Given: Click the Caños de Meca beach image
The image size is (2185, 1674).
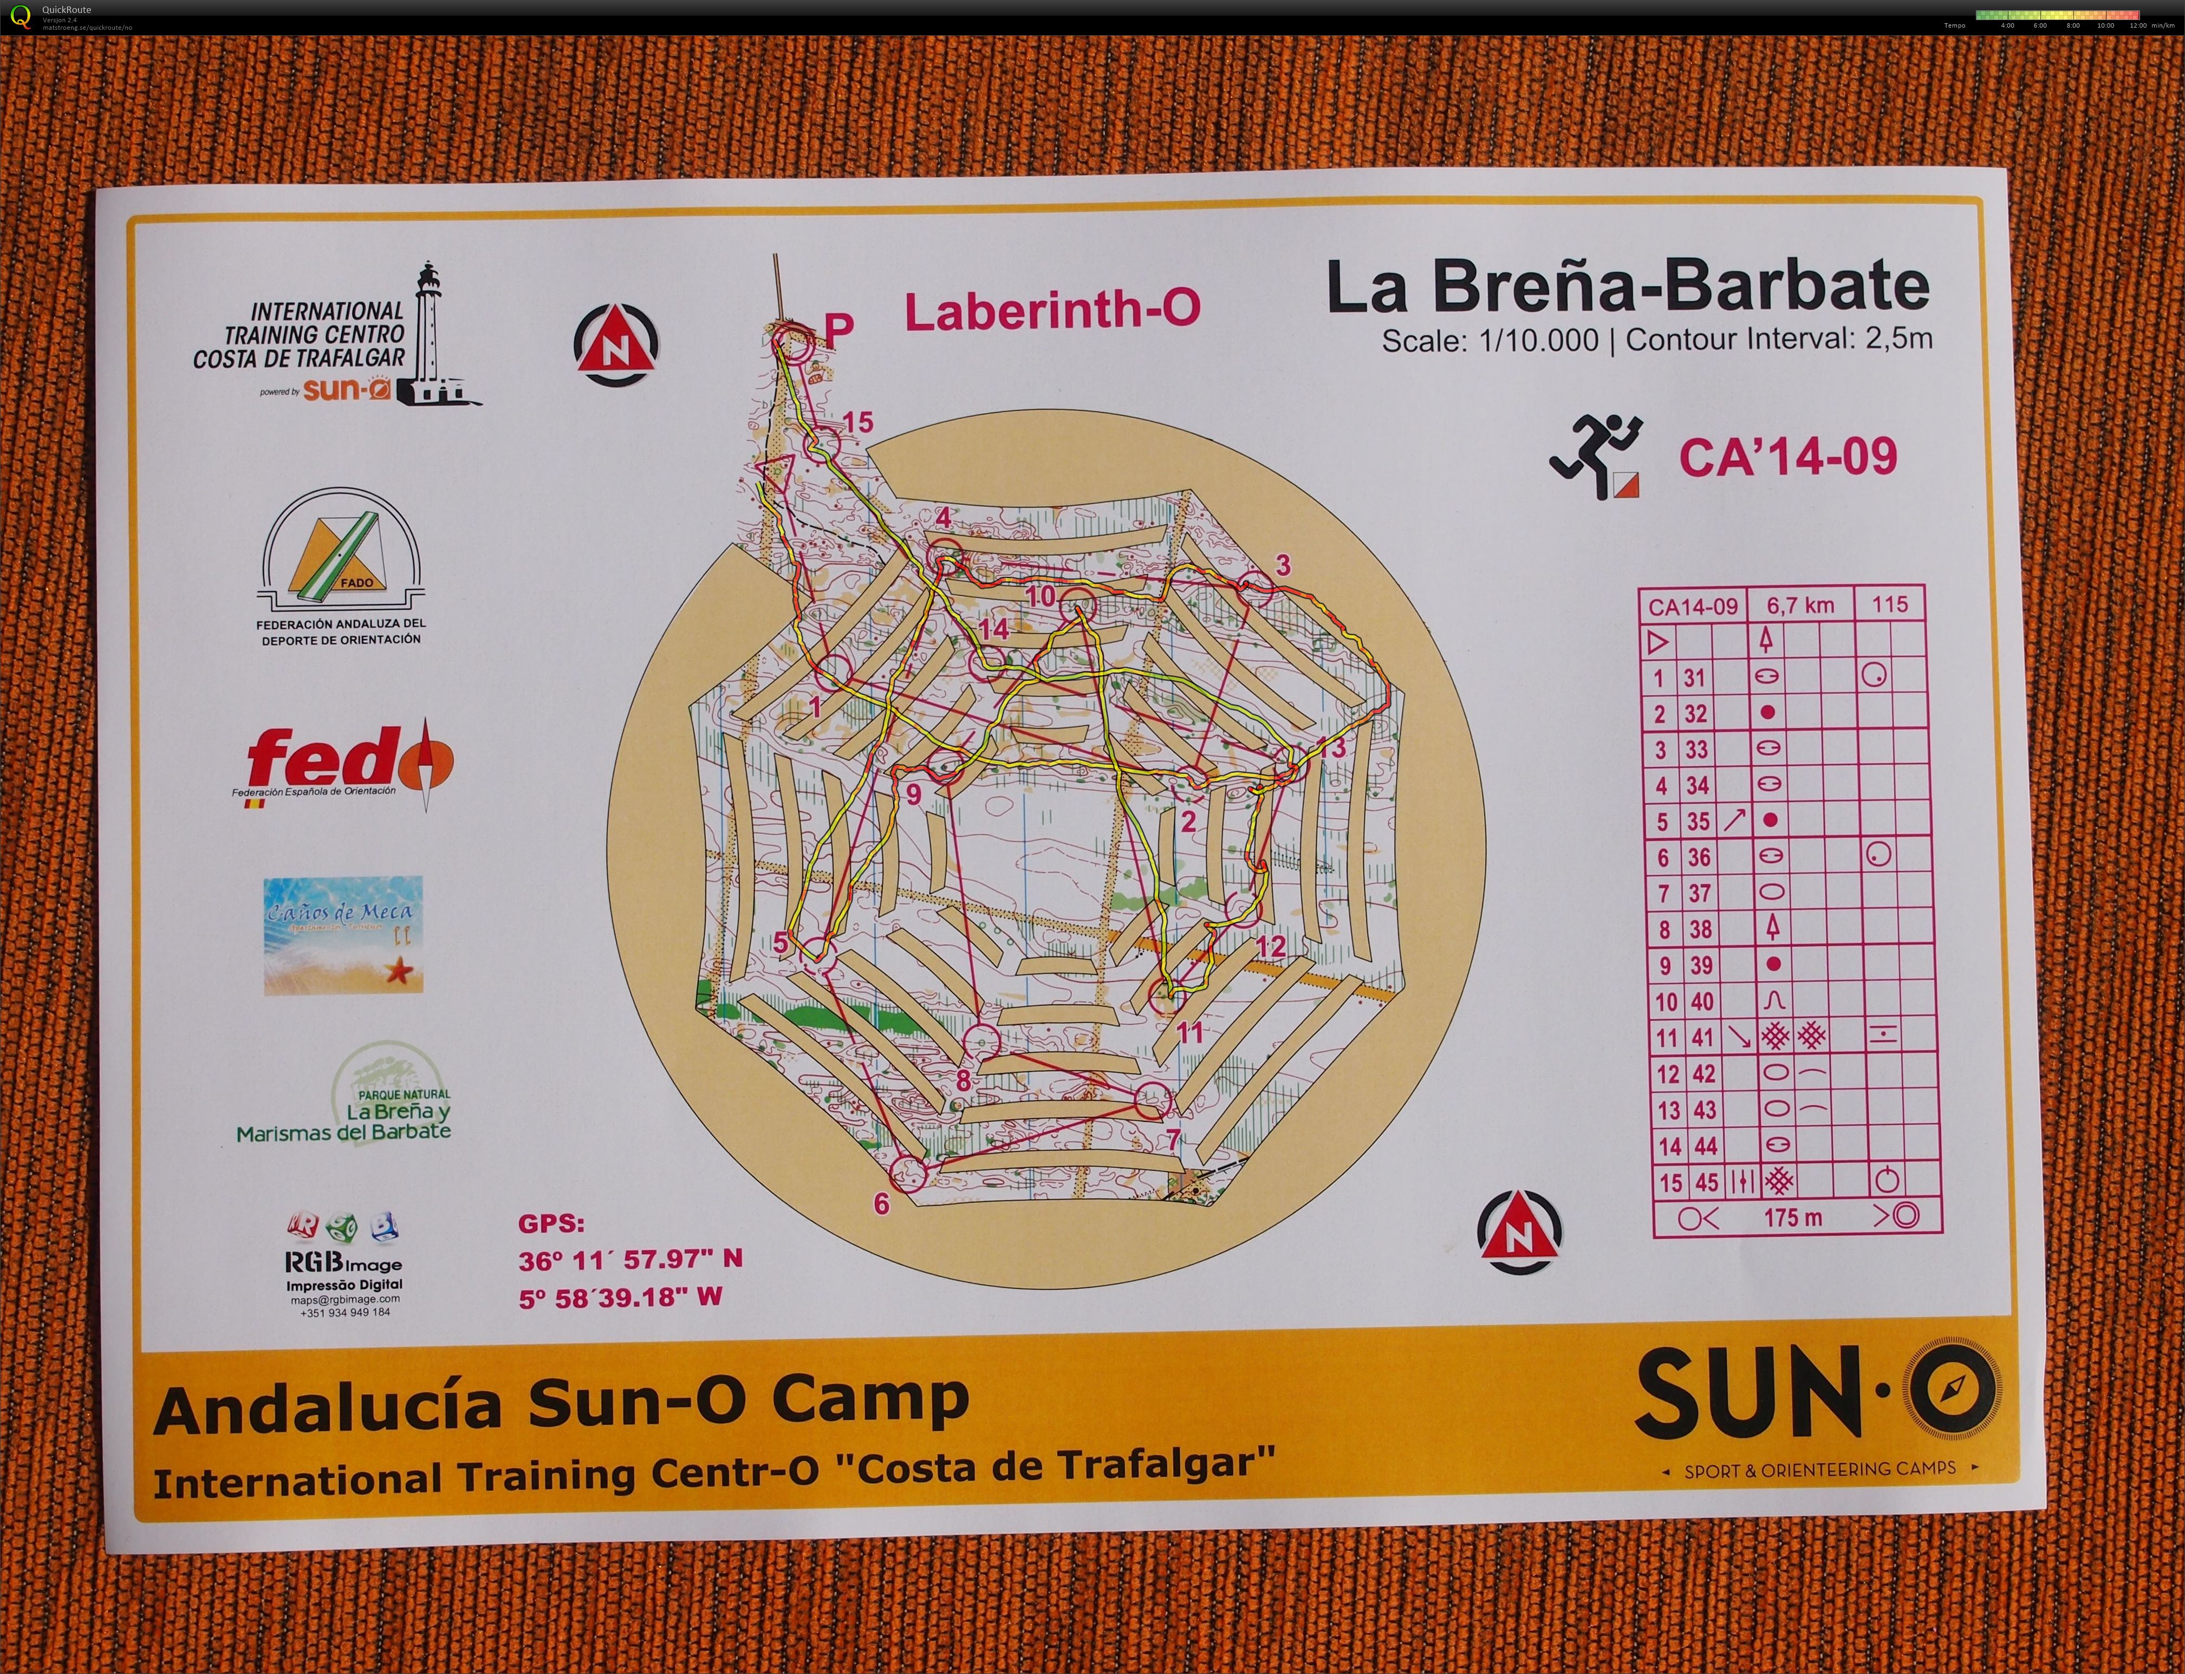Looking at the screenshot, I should coord(343,935).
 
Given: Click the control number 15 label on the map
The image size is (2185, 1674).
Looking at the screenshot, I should coord(858,422).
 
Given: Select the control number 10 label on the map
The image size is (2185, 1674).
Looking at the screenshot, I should coord(1040,596).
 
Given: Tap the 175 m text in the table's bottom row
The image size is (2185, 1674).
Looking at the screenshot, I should coord(1792,1216).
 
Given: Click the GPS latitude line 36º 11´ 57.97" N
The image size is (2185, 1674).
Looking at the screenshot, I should coord(630,1259).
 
